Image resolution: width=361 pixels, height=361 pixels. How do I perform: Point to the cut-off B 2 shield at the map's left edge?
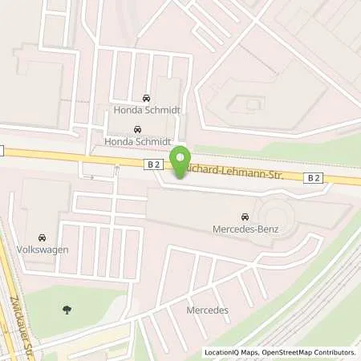(2, 150)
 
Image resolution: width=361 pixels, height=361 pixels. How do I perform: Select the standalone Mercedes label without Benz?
(208, 310)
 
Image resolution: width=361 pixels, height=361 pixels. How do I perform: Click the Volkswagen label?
(42, 249)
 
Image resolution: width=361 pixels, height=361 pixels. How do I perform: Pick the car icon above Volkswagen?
(42, 237)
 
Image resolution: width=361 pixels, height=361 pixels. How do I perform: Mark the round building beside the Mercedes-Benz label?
(276, 216)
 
